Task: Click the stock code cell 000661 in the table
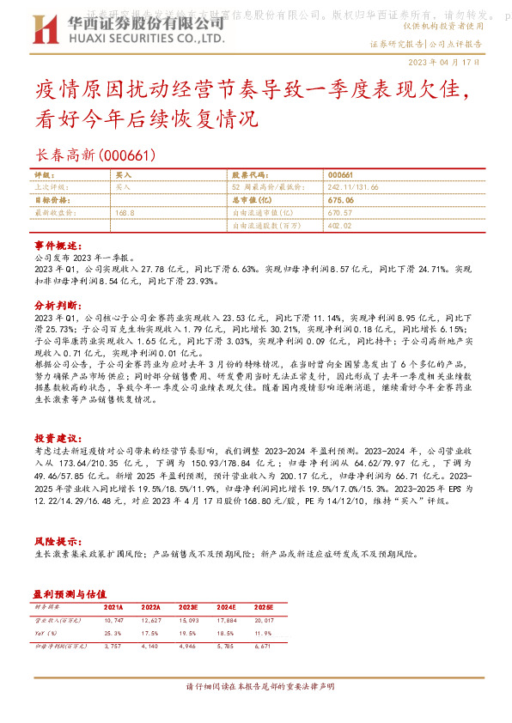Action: click(x=341, y=173)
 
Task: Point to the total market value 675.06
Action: click(x=341, y=200)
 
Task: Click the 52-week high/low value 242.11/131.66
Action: click(x=356, y=185)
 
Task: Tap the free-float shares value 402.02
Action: click(x=340, y=225)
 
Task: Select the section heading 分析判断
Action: click(x=58, y=304)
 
